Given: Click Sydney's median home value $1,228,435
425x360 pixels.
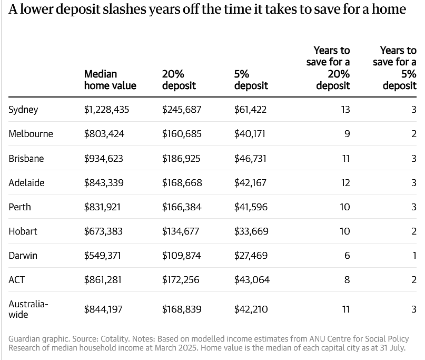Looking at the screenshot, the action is [106, 110].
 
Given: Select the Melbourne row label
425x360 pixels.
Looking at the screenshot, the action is [31, 134].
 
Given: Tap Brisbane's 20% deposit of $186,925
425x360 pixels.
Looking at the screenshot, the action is [181, 159].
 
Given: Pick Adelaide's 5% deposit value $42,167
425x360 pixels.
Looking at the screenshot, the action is [250, 182].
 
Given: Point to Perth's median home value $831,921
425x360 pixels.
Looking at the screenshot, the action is [102, 207].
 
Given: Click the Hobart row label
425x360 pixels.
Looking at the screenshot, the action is [23, 231].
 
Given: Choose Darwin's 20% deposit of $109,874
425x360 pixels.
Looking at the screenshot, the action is [181, 256].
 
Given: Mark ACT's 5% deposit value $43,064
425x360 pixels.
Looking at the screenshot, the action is [252, 280].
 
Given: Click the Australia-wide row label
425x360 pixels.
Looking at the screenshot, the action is [28, 309].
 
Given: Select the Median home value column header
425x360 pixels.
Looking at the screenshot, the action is [110, 80].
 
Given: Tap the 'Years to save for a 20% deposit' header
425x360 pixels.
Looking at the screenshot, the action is [328, 68].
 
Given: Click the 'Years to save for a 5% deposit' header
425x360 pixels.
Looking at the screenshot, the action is [394, 68].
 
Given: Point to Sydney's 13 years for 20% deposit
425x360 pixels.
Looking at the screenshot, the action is [345, 110].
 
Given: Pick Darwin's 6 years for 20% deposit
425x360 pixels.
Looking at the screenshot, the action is [347, 256].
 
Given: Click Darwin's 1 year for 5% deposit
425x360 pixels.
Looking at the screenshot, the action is [414, 256].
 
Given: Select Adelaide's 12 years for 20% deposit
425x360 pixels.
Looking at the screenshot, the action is [345, 182].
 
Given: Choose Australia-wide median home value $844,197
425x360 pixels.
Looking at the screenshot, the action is [103, 309].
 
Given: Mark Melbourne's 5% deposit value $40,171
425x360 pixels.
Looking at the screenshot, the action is [250, 134].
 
